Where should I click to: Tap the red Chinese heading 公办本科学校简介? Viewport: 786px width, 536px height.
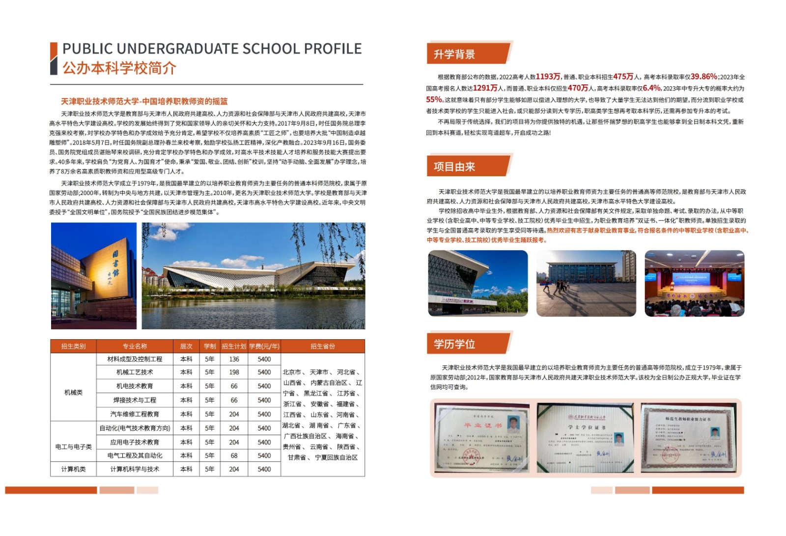pyautogui.click(x=119, y=68)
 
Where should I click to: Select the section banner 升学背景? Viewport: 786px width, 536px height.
pyautogui.click(x=454, y=54)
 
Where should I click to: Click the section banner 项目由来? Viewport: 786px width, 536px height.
pyautogui.click(x=454, y=167)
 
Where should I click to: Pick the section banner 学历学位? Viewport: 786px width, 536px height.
pyautogui.click(x=454, y=344)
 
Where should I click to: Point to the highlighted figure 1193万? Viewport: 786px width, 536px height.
pyautogui.click(x=548, y=77)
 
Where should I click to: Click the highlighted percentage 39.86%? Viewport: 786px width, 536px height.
pyautogui.click(x=703, y=77)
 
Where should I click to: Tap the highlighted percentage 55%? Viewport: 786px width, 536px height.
pyautogui.click(x=434, y=100)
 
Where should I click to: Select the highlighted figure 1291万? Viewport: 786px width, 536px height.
pyautogui.click(x=485, y=88)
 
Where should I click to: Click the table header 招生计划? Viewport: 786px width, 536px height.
pyautogui.click(x=234, y=347)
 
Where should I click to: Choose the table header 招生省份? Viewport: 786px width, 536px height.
pyautogui.click(x=323, y=347)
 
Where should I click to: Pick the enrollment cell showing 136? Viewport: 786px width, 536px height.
pyautogui.click(x=234, y=359)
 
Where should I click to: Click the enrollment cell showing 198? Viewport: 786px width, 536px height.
pyautogui.click(x=234, y=373)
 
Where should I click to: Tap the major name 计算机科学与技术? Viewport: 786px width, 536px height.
pyautogui.click(x=135, y=469)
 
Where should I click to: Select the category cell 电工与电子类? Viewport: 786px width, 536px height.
pyautogui.click(x=73, y=447)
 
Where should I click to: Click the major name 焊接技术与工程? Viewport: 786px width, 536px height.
pyautogui.click(x=135, y=401)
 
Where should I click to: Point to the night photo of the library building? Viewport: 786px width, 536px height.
pyautogui.click(x=94, y=275)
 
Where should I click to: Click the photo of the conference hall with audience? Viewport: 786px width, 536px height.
pyautogui.click(x=694, y=283)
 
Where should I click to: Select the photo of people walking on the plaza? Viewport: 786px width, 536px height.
pyautogui.click(x=586, y=283)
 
